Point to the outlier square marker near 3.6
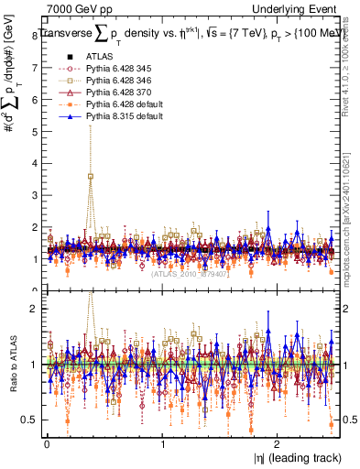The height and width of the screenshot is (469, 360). [x=90, y=176]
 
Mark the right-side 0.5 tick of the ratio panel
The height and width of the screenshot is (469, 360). [x=349, y=420]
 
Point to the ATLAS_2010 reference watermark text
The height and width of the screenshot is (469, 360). [x=188, y=273]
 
